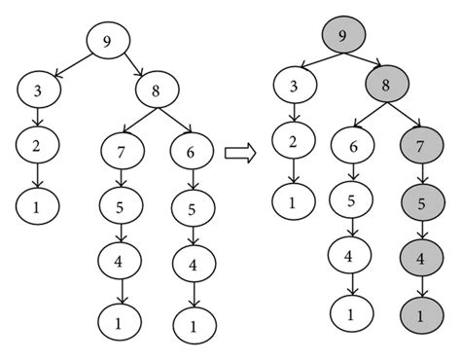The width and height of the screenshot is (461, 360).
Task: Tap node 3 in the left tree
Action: [38, 92]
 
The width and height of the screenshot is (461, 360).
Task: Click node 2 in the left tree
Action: [38, 147]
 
